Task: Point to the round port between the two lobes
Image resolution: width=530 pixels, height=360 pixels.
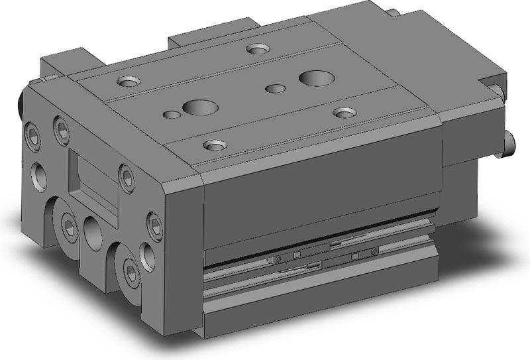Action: [x=93, y=231]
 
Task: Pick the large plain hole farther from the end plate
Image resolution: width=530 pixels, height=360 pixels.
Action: [x=312, y=78]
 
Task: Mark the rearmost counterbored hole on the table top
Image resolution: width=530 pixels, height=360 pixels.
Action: [x=256, y=48]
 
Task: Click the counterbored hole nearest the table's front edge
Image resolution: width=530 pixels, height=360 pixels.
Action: [x=213, y=144]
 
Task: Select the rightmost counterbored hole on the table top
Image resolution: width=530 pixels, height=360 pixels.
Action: [x=342, y=112]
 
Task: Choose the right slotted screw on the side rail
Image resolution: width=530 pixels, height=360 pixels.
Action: [x=374, y=252]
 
